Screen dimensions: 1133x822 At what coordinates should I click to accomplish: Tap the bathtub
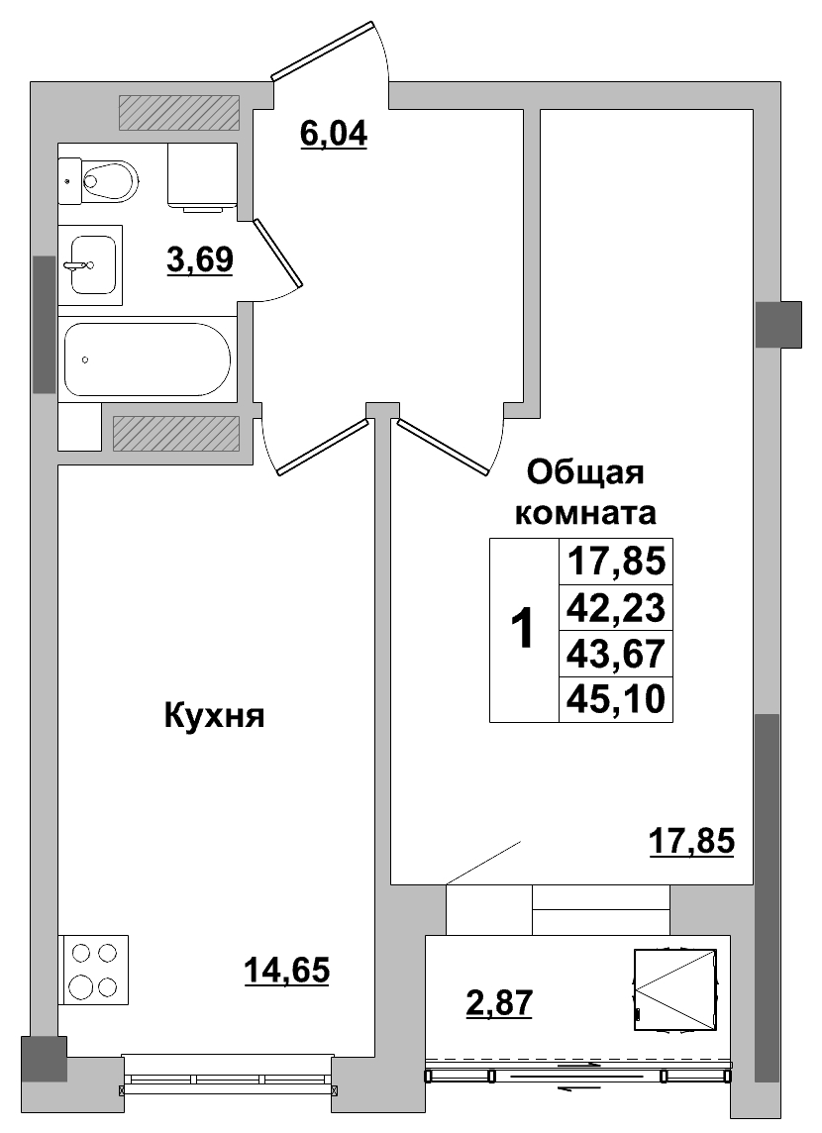point(148,359)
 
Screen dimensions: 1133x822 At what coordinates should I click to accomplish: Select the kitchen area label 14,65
point(286,970)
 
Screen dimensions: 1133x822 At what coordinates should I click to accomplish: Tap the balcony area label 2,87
point(499,1002)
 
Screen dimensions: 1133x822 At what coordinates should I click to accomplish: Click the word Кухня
point(214,715)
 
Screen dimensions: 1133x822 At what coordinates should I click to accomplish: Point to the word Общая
point(585,472)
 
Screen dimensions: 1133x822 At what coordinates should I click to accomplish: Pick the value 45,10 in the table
point(616,700)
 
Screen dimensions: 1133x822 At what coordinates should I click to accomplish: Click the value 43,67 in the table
point(616,653)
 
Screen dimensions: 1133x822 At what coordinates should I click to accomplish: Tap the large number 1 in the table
point(523,629)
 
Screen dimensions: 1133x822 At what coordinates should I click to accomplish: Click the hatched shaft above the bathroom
point(179,113)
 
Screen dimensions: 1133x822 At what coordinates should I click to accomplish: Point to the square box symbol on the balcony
point(674,988)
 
